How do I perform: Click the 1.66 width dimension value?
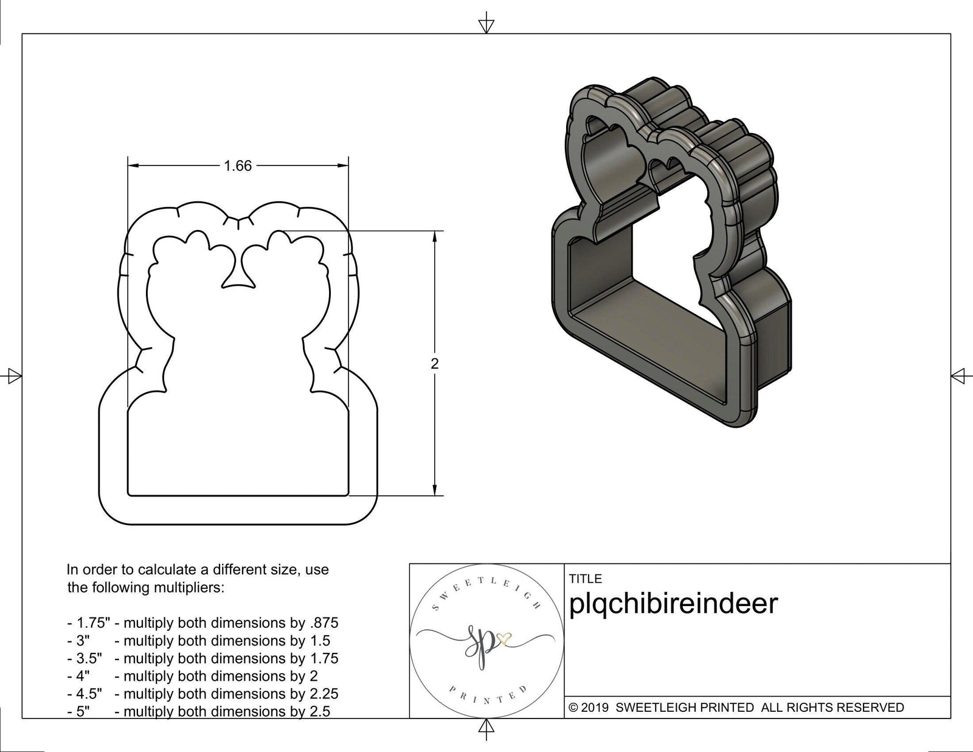tap(238, 166)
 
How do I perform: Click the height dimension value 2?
tap(434, 364)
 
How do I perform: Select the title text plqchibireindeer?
tap(673, 604)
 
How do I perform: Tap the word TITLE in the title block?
tap(586, 579)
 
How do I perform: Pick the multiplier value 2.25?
tap(322, 694)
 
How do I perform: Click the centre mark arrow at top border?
tap(485, 25)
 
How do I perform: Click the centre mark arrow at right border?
tap(959, 375)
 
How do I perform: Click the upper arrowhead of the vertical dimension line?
tap(434, 238)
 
